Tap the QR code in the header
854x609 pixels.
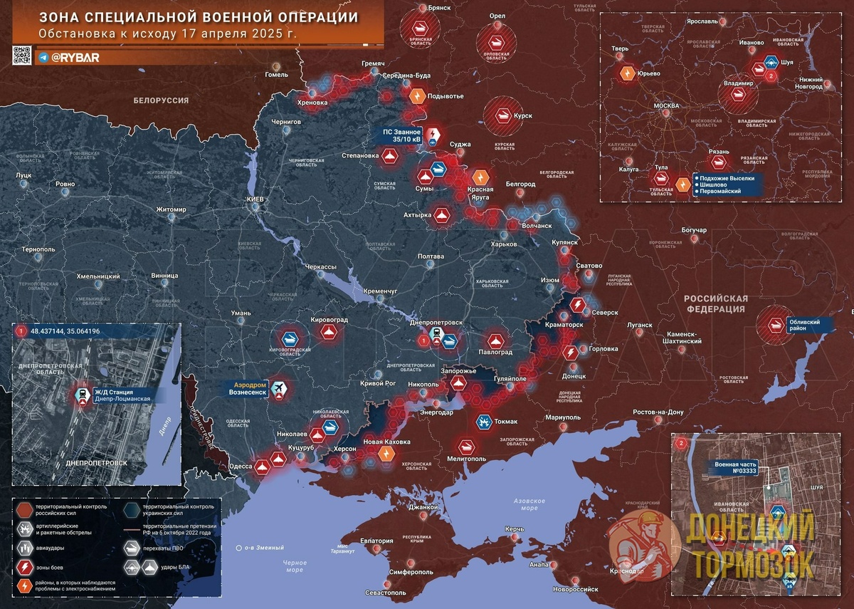pos(23,56)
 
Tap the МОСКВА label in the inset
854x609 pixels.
pos(666,106)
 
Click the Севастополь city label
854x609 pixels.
pos(385,593)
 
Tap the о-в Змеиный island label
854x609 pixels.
pos(263,548)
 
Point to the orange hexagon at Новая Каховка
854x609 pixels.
pos(387,453)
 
